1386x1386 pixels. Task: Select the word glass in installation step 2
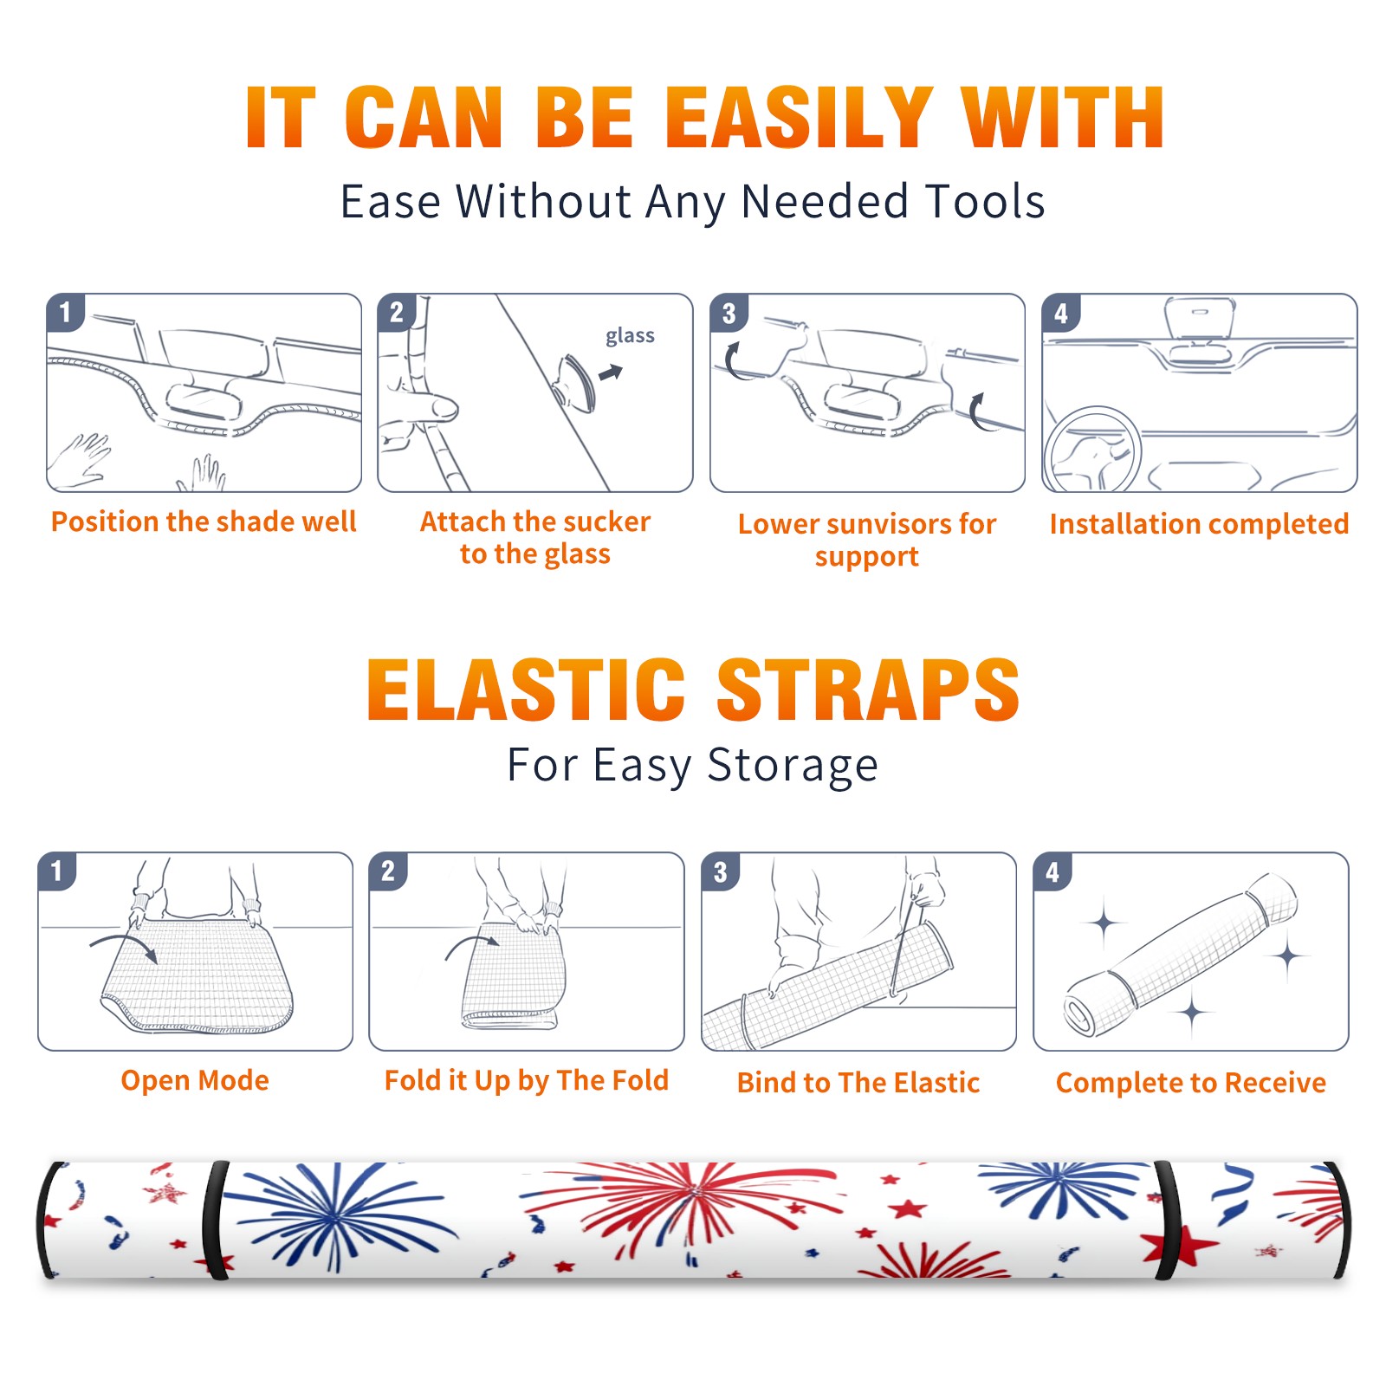(630, 335)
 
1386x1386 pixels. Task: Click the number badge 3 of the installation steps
(729, 313)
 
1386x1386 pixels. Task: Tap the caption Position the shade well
(204, 521)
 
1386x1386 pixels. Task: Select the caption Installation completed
(1199, 524)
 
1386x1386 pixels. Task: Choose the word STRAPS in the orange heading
(868, 690)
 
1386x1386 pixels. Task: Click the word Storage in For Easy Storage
(793, 766)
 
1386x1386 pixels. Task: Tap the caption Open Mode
(195, 1080)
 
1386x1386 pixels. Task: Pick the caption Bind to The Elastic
(858, 1083)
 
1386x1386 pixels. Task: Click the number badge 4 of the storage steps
(1052, 871)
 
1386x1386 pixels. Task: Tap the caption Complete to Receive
(1191, 1083)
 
